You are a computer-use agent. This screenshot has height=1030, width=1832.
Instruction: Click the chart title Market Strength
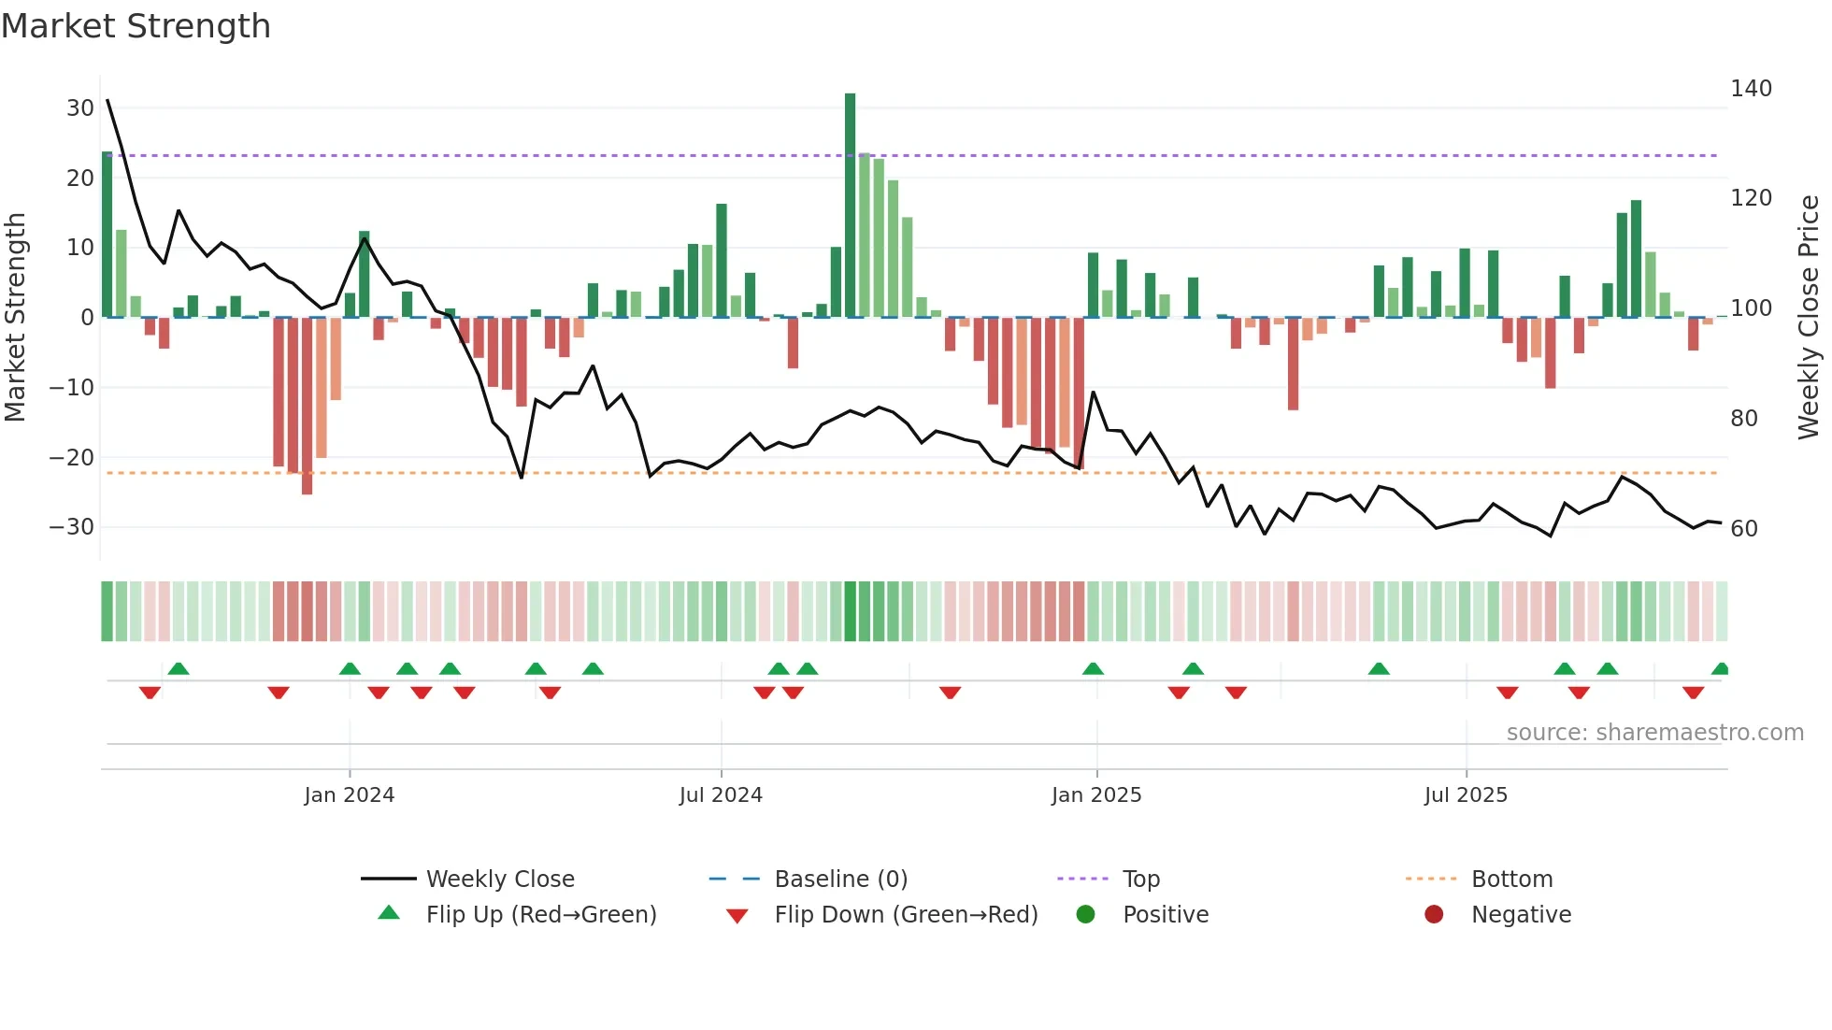coord(136,26)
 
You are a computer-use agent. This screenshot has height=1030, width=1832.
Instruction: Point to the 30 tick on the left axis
coord(80,108)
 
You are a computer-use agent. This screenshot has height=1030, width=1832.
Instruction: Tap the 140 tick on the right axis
coord(1751,89)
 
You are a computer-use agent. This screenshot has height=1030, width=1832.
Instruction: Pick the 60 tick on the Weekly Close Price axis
coord(1744,529)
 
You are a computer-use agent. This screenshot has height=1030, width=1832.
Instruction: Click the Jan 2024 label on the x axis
coord(350,795)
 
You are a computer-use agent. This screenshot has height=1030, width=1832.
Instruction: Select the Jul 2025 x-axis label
coord(1466,795)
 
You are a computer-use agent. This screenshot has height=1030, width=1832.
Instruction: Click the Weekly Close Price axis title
coord(1809,318)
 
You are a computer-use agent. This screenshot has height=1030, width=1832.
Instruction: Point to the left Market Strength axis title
coord(16,318)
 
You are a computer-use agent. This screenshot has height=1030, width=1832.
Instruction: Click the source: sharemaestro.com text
coord(1654,733)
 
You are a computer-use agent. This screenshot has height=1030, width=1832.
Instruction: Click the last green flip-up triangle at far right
coord(1720,669)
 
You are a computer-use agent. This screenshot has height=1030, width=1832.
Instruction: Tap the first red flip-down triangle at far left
coord(150,693)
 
